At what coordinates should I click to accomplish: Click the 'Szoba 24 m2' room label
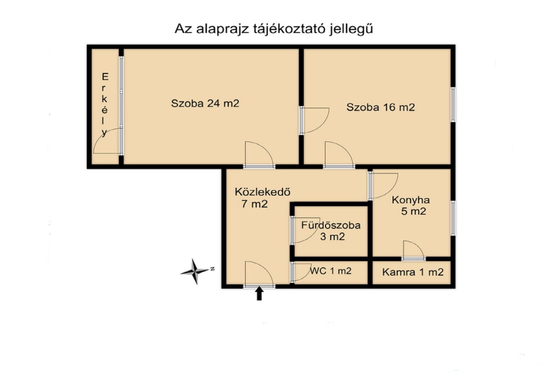(x=205, y=103)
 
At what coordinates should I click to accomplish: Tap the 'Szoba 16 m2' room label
(x=380, y=107)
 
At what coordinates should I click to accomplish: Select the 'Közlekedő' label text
(x=262, y=192)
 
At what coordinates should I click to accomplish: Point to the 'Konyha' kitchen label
(x=411, y=200)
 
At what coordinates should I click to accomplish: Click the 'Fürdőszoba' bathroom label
(x=331, y=225)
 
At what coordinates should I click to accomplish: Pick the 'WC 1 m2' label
(x=331, y=271)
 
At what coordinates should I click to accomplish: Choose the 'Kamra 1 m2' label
(x=413, y=272)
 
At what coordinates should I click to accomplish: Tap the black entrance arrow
(x=259, y=294)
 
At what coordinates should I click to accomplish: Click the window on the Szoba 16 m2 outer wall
(x=453, y=105)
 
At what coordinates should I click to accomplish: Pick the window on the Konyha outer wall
(x=453, y=218)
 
